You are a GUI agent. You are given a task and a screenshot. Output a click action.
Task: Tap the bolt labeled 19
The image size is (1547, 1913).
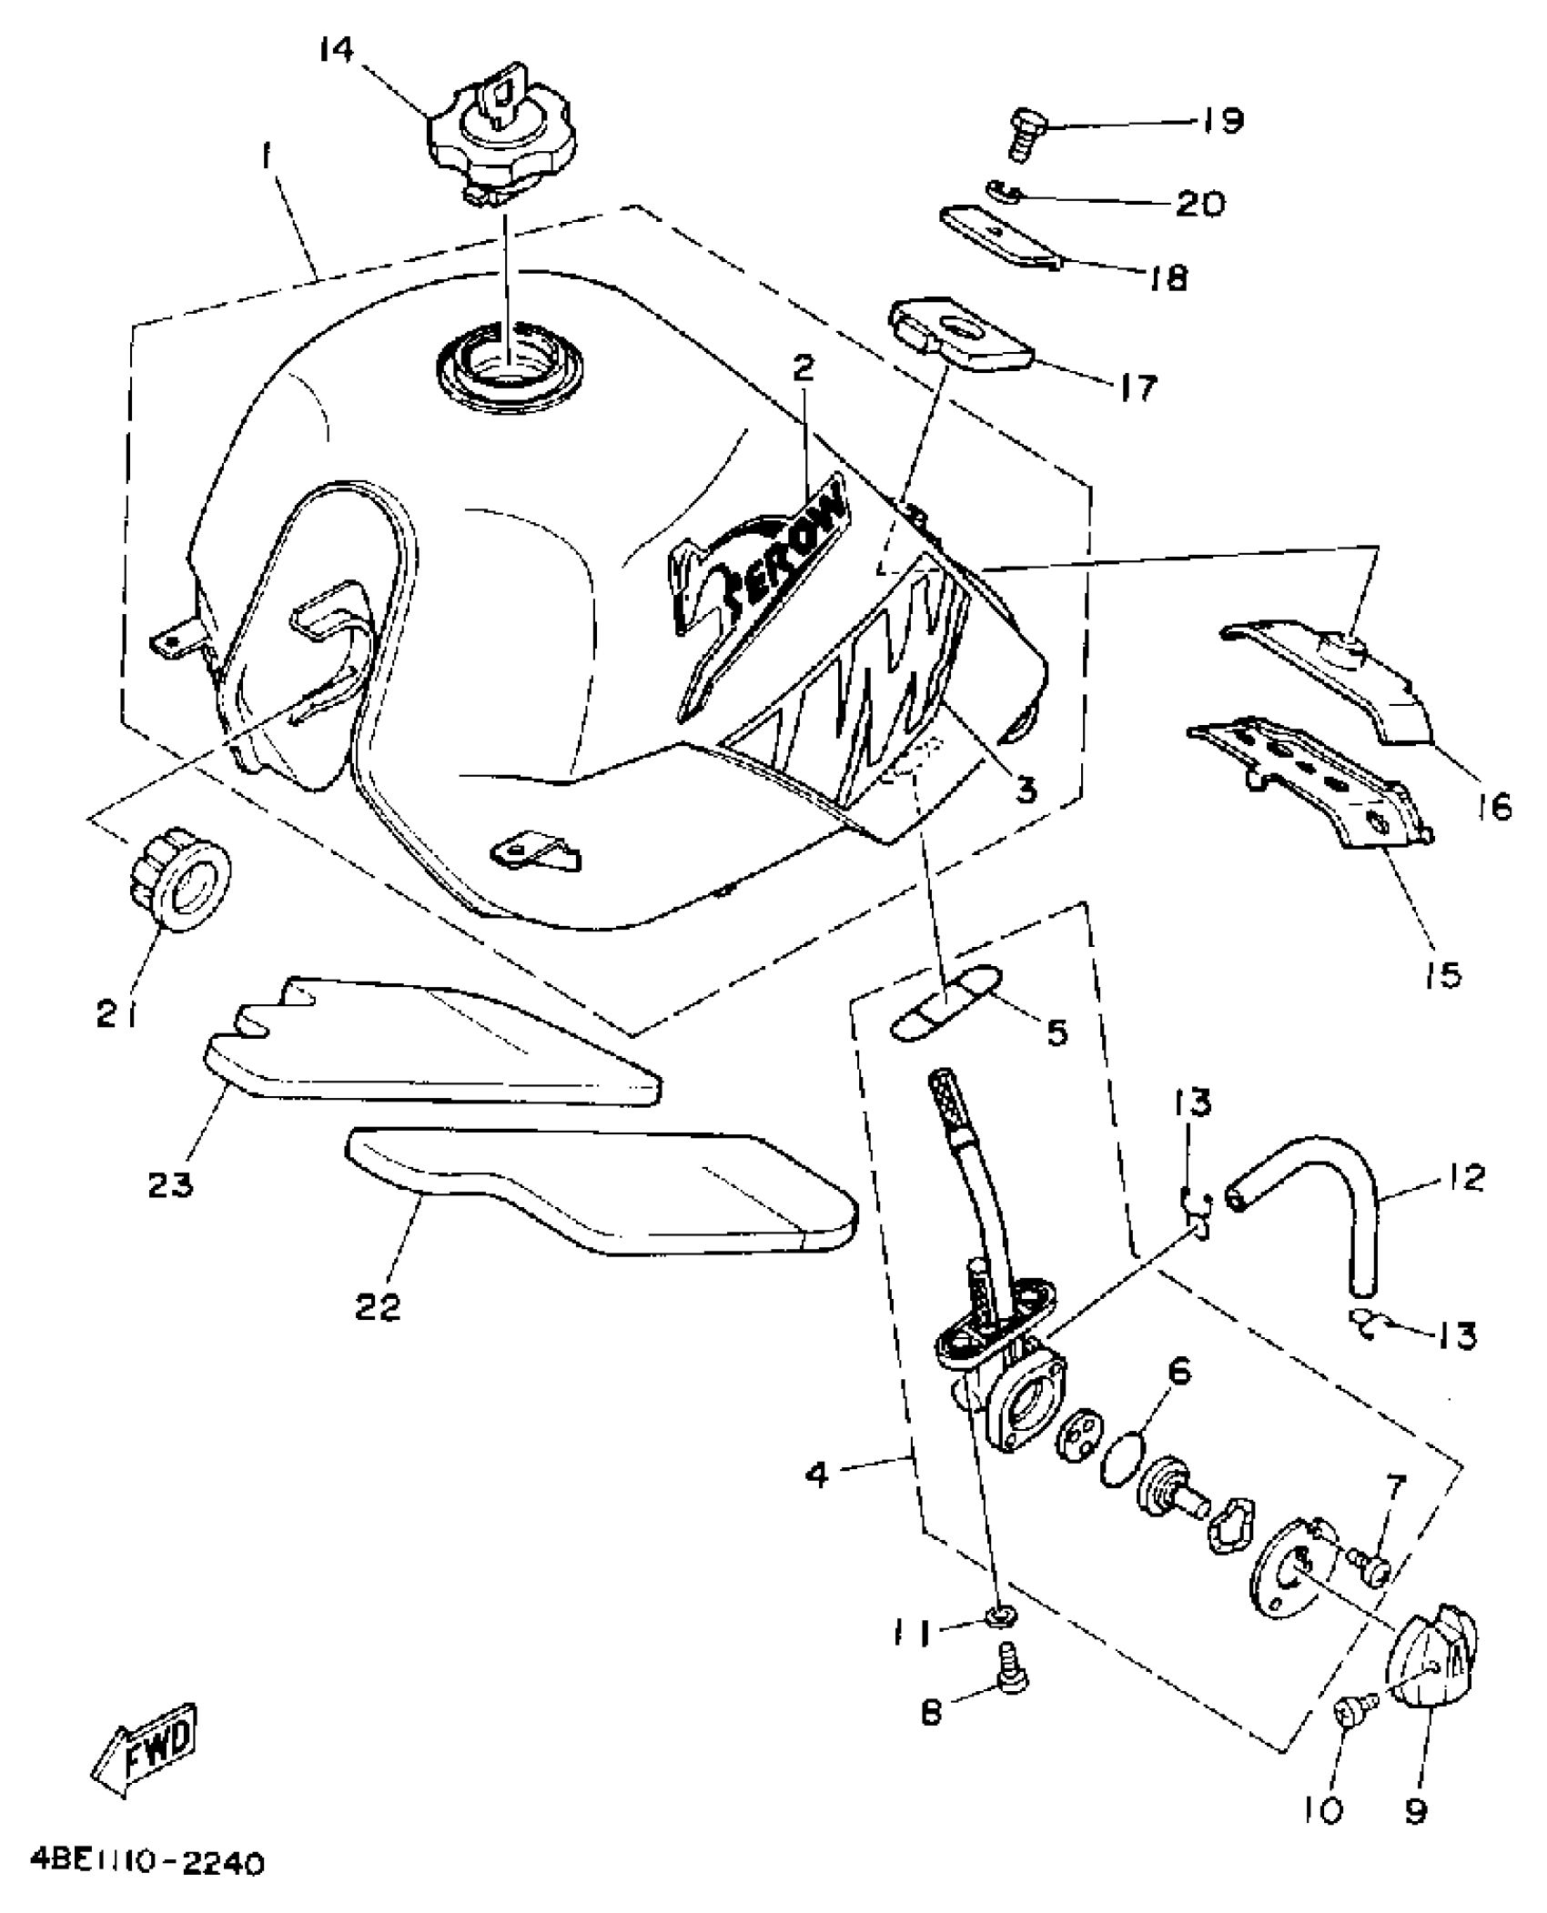click(1027, 133)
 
